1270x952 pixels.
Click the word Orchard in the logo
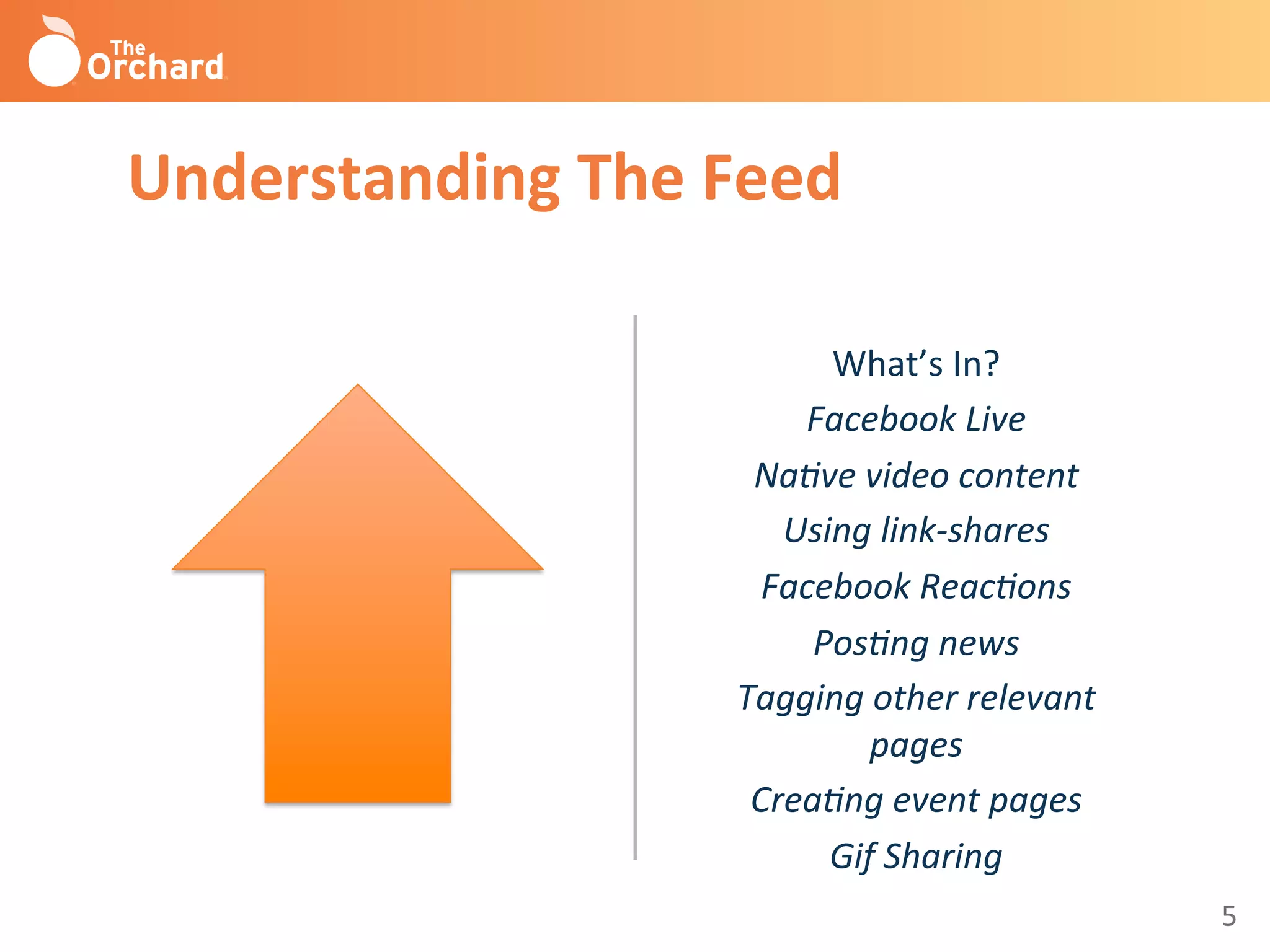click(x=155, y=68)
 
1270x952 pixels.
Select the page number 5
click(x=1228, y=916)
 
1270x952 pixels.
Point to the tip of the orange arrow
click(x=358, y=388)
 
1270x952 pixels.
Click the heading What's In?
click(x=915, y=364)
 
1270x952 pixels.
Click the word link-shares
click(x=965, y=531)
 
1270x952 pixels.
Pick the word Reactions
click(x=996, y=587)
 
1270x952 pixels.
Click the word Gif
click(x=853, y=857)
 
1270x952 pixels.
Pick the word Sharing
click(x=943, y=857)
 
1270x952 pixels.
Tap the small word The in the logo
click(x=128, y=48)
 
